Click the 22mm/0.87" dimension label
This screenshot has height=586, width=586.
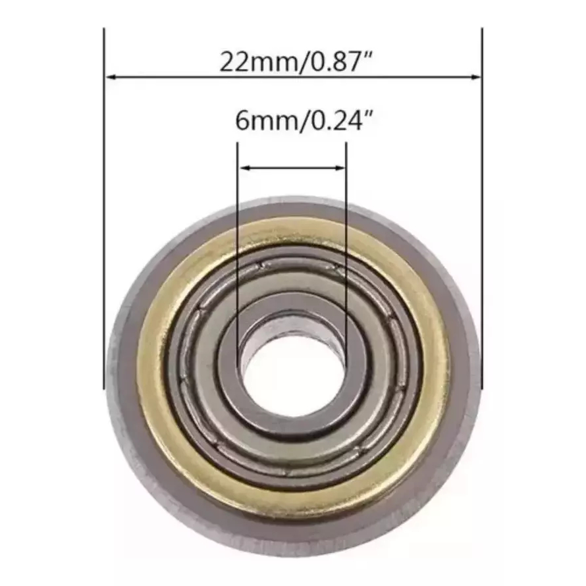(x=296, y=62)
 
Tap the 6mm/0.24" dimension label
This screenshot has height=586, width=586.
(x=304, y=120)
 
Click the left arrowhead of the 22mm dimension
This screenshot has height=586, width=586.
(x=112, y=77)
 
